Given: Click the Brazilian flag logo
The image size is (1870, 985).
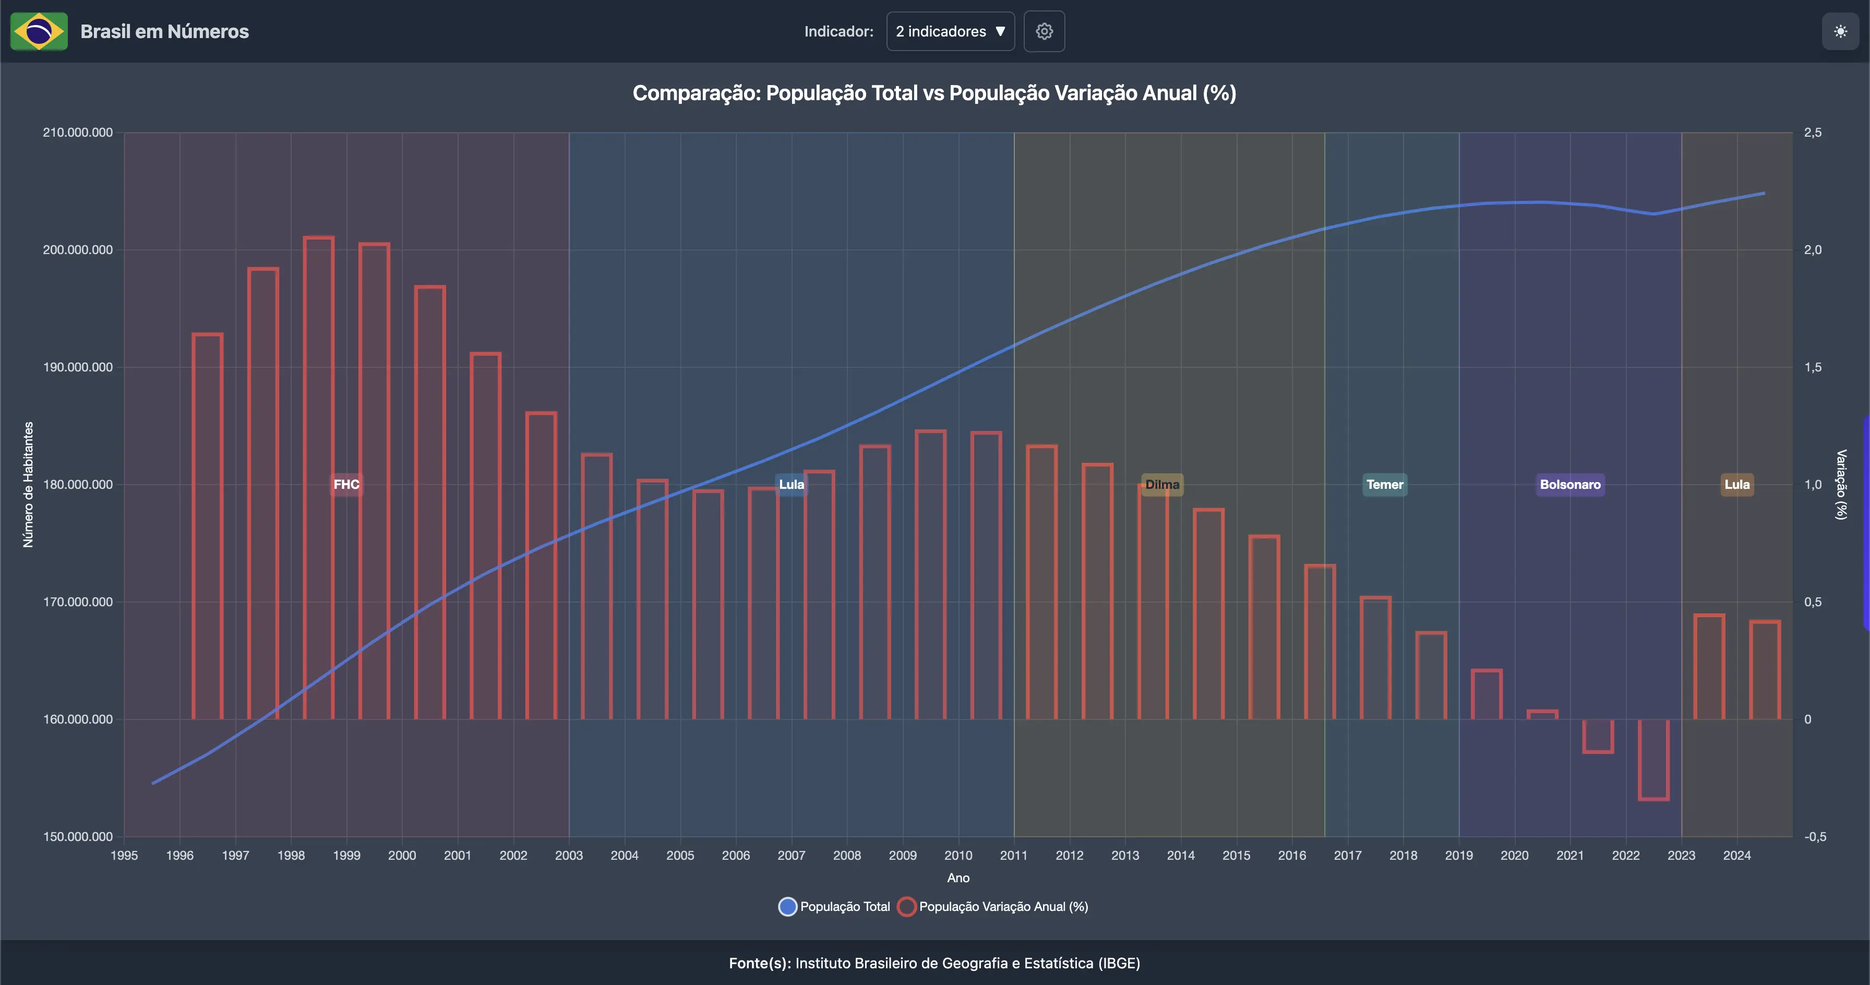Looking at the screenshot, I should point(39,31).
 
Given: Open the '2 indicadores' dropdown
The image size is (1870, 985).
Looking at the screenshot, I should point(950,31).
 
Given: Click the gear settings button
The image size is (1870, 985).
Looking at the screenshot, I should point(1044,31).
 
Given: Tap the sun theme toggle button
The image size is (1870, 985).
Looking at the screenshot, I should point(1840,31).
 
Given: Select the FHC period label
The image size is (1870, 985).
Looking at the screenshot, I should point(346,484).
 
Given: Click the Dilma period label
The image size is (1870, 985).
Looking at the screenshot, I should point(1162,484).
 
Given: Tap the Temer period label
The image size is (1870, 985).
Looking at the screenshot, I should point(1384,484).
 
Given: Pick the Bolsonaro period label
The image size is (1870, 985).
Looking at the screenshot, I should point(1569,484).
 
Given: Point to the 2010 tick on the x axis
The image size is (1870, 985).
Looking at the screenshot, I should point(958,855).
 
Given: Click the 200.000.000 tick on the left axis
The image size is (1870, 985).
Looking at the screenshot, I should point(78,250).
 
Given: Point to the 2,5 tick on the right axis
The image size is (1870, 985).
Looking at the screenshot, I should point(1813,132).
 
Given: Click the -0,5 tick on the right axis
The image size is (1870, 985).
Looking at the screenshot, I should point(1814,836).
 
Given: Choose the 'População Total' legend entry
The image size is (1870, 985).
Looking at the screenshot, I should point(835,907).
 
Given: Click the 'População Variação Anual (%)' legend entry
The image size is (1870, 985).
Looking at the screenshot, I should point(994,907).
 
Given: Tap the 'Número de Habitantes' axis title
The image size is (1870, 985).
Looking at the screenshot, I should point(28,484).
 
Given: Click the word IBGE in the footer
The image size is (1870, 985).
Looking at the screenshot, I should point(1118,963).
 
